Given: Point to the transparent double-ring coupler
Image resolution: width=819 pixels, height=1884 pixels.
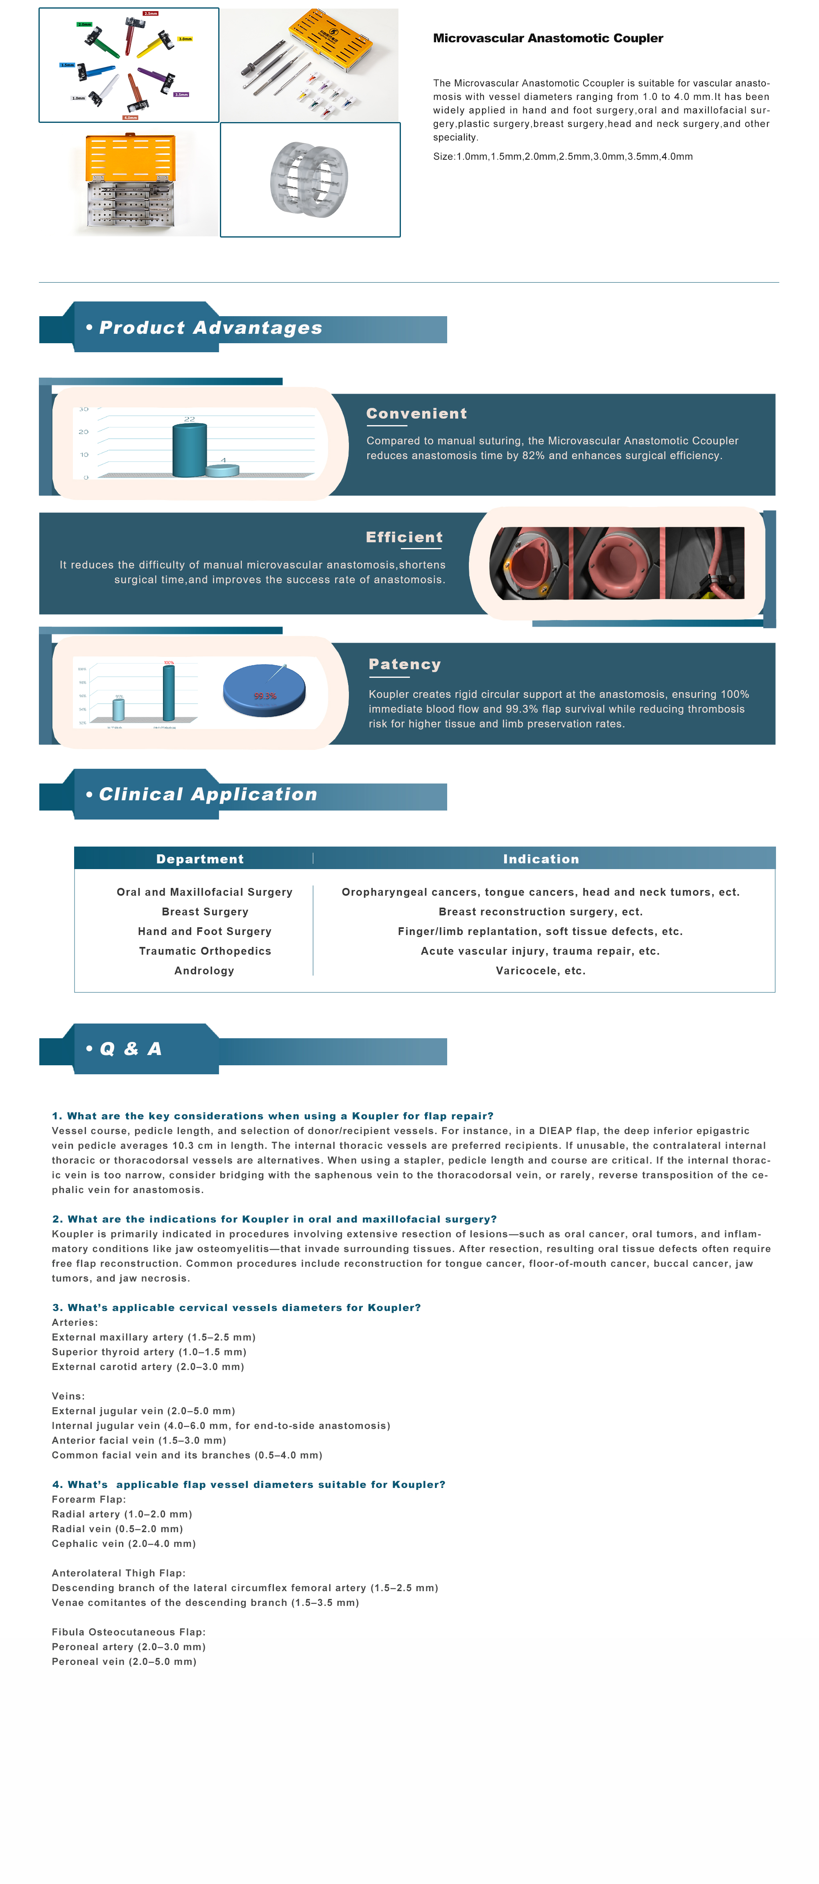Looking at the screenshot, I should click(309, 179).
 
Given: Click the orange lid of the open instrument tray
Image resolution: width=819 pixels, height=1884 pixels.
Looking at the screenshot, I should click(130, 157).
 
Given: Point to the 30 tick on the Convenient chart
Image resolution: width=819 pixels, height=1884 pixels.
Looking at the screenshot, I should click(84, 410).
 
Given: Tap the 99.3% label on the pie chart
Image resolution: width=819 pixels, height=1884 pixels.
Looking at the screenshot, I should click(265, 696).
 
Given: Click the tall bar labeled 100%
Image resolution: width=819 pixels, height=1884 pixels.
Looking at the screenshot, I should click(169, 693).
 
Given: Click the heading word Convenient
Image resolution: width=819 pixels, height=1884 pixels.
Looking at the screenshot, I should click(416, 414).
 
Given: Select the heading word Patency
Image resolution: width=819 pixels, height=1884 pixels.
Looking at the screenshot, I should click(405, 665).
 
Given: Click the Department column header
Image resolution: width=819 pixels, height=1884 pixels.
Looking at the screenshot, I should click(200, 859).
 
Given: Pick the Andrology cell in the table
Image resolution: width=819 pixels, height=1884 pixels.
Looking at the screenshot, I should click(204, 971).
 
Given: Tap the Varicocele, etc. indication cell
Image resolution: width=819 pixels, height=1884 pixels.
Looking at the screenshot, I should click(541, 971).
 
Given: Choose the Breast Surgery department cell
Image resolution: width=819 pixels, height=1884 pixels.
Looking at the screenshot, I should click(205, 912).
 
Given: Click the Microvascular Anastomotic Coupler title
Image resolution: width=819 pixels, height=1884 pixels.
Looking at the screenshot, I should click(548, 38).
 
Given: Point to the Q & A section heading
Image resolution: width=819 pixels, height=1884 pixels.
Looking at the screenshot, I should click(124, 1049).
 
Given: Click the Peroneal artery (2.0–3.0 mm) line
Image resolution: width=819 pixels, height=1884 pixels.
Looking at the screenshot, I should click(129, 1647).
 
